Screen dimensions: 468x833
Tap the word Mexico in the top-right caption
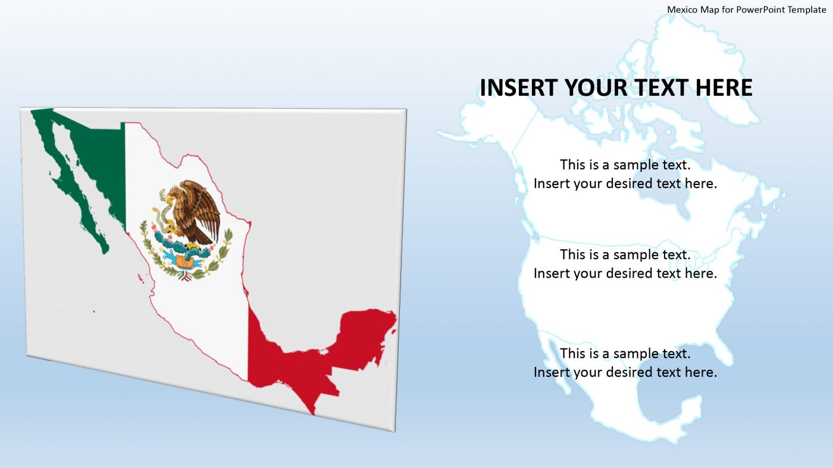pos(681,10)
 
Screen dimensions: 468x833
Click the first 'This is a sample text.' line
pos(625,164)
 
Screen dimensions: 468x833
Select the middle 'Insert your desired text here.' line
pos(625,273)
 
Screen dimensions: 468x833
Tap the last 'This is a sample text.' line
pos(625,353)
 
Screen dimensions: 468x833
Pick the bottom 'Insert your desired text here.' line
pos(625,372)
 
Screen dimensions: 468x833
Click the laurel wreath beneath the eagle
pos(186,265)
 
